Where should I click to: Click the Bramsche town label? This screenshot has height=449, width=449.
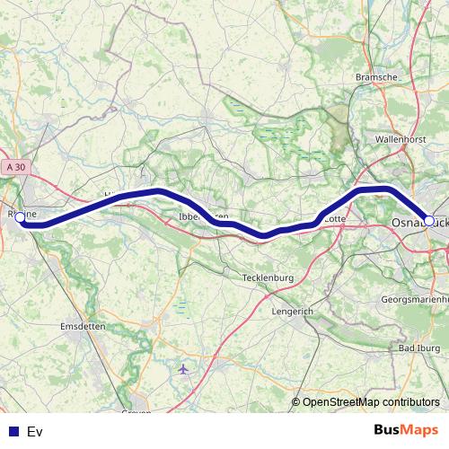point(377,77)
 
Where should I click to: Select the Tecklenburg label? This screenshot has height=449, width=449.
point(268,278)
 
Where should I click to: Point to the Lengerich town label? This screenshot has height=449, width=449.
point(293,311)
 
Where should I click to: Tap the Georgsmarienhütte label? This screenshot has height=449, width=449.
point(414,298)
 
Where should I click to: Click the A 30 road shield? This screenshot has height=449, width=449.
point(14,167)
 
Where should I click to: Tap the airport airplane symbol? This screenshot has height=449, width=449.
point(185,369)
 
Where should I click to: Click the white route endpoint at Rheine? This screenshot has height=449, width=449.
point(20,217)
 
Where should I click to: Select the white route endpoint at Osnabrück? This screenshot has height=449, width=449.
point(429,220)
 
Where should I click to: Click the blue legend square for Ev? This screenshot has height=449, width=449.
point(13,431)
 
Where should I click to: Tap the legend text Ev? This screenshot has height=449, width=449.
point(35,431)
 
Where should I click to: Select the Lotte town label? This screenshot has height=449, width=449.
point(334,217)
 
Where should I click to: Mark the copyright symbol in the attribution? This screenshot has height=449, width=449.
point(296,402)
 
